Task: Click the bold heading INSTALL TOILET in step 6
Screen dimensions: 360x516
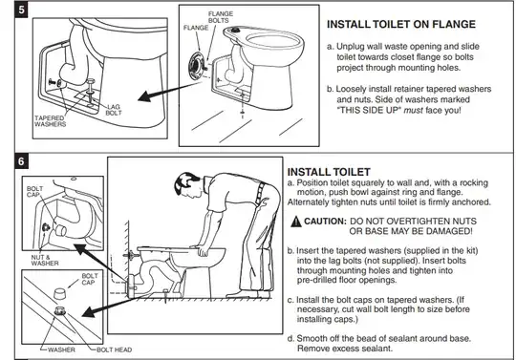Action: (330, 172)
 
